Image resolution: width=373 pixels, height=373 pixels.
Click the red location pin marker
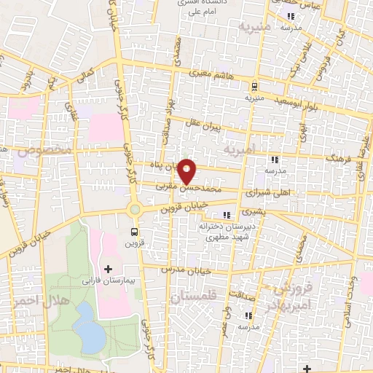[x=187, y=170]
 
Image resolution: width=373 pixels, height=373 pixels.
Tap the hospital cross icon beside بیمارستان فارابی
[x=109, y=270]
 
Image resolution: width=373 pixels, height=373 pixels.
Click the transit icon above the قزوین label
[x=133, y=232]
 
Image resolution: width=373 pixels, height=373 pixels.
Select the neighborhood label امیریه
[x=240, y=152]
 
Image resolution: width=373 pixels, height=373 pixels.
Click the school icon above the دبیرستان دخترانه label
[x=226, y=214]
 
